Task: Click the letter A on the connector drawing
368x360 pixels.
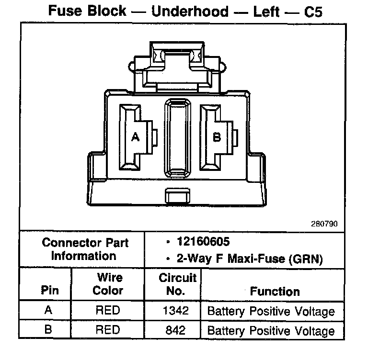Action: click(x=136, y=137)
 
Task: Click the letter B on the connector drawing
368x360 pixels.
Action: click(x=217, y=137)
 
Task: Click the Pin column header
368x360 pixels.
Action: click(x=50, y=290)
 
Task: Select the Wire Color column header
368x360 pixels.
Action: click(x=108, y=283)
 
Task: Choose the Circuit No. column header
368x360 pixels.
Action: click(x=177, y=283)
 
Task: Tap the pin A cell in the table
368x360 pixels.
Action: click(x=48, y=310)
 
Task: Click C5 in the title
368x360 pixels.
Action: click(x=313, y=11)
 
